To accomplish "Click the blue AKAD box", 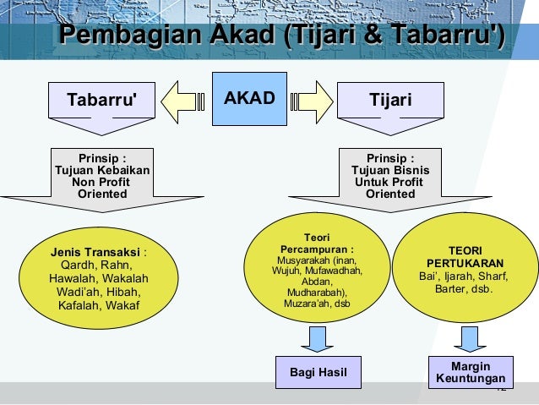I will click(249, 99).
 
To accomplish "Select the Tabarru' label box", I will click(101, 101).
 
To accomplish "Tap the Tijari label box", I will click(390, 101).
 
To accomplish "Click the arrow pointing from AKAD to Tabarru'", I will click(185, 100).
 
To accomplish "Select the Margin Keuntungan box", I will click(471, 372).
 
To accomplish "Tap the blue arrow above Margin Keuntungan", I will click(471, 338).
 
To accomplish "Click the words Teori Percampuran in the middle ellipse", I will click(316, 244).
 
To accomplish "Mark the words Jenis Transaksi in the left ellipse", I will click(95, 252).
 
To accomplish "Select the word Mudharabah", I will click(315, 293).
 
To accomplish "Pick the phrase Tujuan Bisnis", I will click(390, 170).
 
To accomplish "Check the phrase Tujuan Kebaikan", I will click(102, 170).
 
